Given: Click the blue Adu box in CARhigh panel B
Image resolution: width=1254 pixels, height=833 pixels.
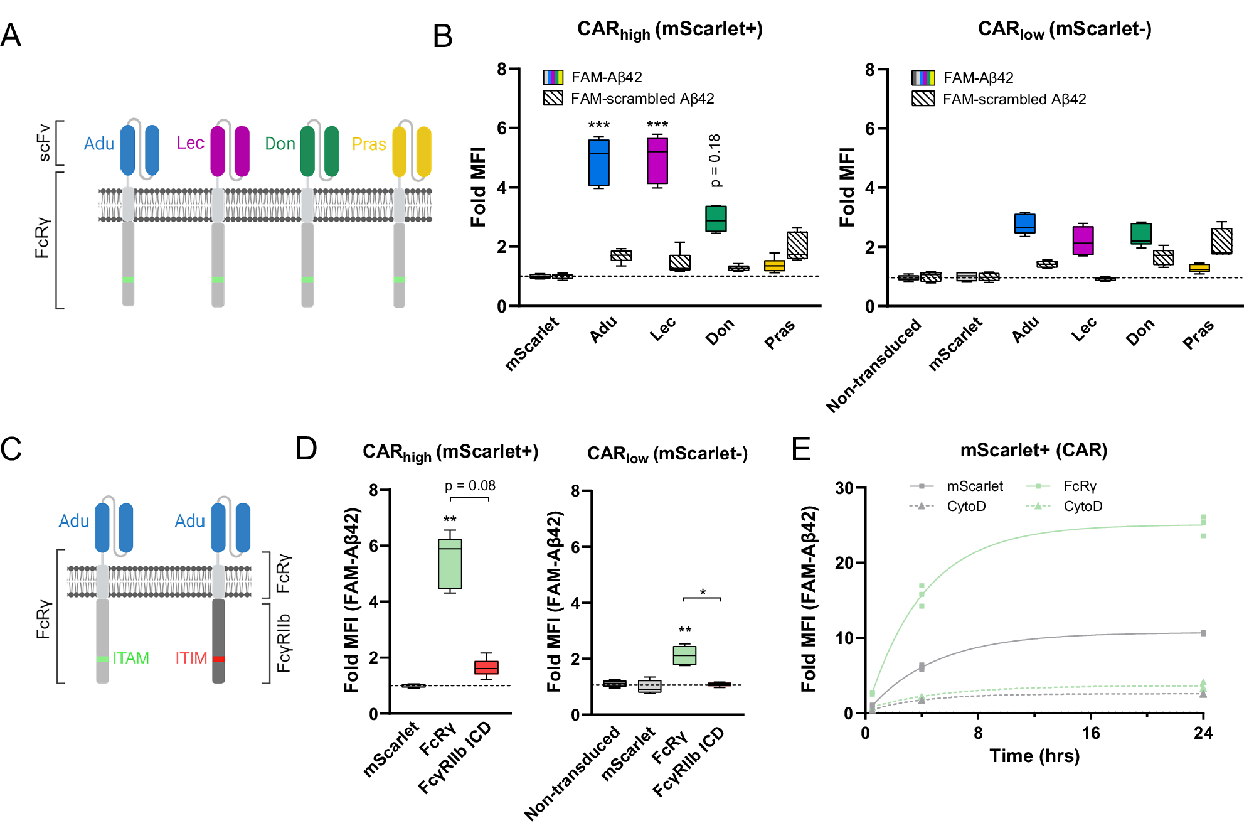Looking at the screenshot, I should pyautogui.click(x=598, y=163).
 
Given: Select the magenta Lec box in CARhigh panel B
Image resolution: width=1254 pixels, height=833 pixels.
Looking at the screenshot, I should pyautogui.click(x=657, y=161).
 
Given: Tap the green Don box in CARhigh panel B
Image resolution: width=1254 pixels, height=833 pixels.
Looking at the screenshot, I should pyautogui.click(x=716, y=218).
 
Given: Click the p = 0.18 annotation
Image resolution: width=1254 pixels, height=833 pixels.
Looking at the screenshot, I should pyautogui.click(x=715, y=160).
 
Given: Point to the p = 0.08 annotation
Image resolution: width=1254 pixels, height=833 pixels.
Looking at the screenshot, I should pyautogui.click(x=470, y=486).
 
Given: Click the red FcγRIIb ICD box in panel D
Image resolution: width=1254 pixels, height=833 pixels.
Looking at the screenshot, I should pyautogui.click(x=486, y=667).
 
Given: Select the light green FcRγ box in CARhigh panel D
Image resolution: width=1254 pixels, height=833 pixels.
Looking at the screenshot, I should pyautogui.click(x=450, y=564).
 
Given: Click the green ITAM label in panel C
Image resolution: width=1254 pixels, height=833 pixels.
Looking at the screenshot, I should pyautogui.click(x=130, y=658).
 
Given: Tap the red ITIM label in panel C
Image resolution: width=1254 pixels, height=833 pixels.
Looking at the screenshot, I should pyautogui.click(x=191, y=658).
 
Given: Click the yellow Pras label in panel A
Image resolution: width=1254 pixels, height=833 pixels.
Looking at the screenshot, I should pyautogui.click(x=369, y=144).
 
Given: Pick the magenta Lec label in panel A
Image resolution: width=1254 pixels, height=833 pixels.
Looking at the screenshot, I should pyautogui.click(x=190, y=143).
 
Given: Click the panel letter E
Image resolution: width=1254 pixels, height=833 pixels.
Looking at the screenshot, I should pyautogui.click(x=801, y=449).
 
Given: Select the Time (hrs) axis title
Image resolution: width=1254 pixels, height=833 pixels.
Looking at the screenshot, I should pyautogui.click(x=1034, y=756).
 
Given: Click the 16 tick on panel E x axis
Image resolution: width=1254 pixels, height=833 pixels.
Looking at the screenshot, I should pyautogui.click(x=1091, y=733).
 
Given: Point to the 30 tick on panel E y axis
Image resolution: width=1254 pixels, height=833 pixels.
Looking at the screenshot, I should pyautogui.click(x=844, y=488).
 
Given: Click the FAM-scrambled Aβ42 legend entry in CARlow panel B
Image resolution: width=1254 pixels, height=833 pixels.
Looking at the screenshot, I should pyautogui.click(x=1014, y=99).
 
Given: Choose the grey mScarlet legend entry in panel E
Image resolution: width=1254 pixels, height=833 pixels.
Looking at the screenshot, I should pyautogui.click(x=974, y=486).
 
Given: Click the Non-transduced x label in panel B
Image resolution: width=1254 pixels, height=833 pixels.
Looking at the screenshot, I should pyautogui.click(x=874, y=365).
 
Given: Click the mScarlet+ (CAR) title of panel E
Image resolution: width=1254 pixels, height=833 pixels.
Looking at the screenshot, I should pyautogui.click(x=1033, y=450).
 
